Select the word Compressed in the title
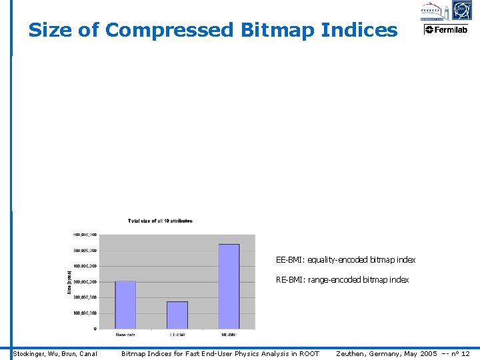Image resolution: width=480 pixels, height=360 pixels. click(x=169, y=30)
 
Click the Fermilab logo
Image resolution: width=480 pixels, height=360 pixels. click(x=446, y=29)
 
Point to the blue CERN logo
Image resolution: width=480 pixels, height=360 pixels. click(x=461, y=10)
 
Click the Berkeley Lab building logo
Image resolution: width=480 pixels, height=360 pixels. click(x=433, y=11)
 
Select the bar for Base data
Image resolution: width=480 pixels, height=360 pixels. click(x=125, y=304)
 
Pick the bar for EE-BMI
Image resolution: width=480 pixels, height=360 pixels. click(x=177, y=315)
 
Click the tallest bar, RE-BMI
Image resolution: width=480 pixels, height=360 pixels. click(x=229, y=286)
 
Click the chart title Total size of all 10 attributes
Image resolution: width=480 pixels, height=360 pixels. click(x=160, y=221)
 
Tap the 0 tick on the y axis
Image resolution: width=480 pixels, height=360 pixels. click(x=94, y=329)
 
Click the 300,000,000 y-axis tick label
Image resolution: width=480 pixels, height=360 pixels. click(x=85, y=282)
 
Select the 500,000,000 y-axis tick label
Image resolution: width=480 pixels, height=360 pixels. click(x=85, y=251)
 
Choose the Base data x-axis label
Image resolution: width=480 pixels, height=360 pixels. click(x=125, y=335)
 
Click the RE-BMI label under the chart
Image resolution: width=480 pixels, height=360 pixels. click(x=229, y=335)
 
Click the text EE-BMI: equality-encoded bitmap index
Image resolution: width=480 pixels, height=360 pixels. click(x=345, y=259)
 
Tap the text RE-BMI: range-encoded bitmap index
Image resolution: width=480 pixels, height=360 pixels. click(x=342, y=280)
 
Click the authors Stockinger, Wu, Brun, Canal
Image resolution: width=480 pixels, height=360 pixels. click(x=55, y=353)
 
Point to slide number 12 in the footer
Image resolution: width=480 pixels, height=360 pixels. click(x=465, y=353)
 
